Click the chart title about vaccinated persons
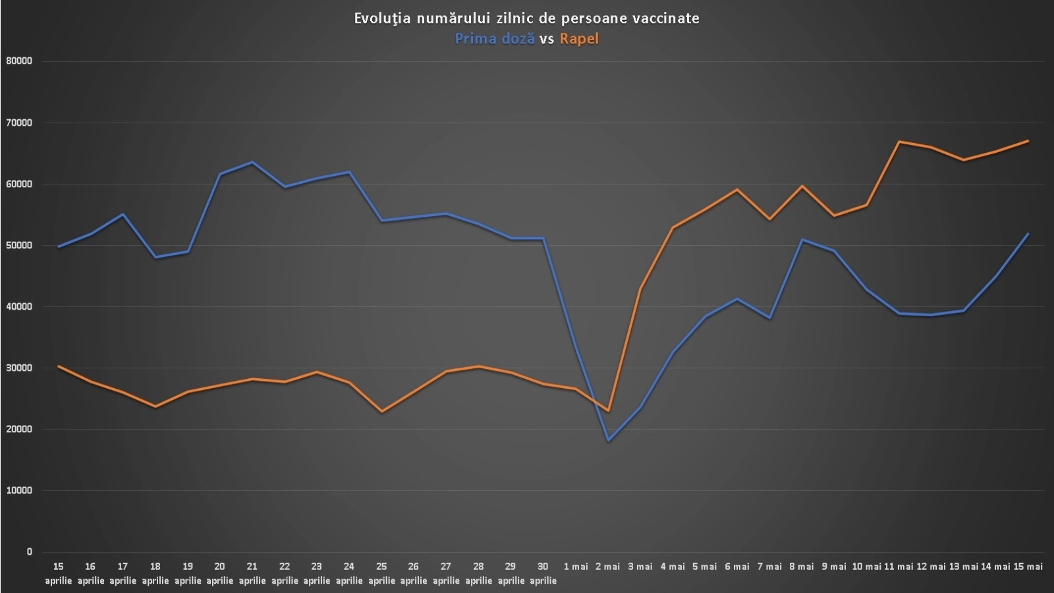point(526,18)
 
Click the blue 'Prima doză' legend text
point(495,39)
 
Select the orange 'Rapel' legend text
point(579,39)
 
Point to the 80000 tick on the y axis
point(18,61)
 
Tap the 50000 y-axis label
point(18,245)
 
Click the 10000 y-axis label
point(18,491)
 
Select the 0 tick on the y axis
point(29,552)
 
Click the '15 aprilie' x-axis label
point(58,573)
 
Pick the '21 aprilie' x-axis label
point(252,573)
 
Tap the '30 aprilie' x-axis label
point(543,573)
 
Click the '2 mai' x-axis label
point(607,567)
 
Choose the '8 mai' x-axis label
point(802,567)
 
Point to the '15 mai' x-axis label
point(1028,567)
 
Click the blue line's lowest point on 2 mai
point(608,441)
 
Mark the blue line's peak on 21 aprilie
point(252,162)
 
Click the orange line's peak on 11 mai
point(899,142)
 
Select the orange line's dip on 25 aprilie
point(381,412)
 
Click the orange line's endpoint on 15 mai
point(1028,141)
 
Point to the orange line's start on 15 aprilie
point(59,366)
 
